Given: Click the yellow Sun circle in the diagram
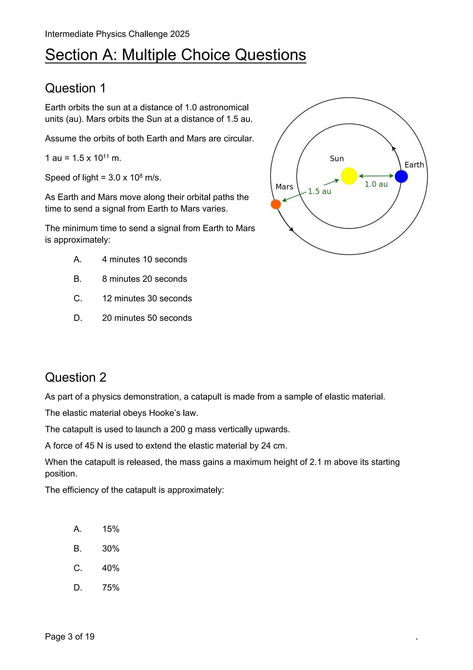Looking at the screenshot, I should click(349, 176).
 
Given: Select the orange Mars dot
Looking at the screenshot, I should click(276, 204).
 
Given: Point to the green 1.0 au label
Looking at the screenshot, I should click(376, 184).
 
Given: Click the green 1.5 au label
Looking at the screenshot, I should click(319, 191).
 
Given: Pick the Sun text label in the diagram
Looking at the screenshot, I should click(337, 159).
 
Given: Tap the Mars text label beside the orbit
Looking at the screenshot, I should click(284, 187).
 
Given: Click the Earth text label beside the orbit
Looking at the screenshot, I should click(414, 165).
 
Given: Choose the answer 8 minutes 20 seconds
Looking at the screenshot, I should click(144, 279).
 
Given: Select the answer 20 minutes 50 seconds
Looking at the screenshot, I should click(147, 318).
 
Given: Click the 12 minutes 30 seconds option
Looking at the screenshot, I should click(147, 299).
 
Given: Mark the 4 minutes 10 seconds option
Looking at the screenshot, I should click(144, 259).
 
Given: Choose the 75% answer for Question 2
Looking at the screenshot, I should click(111, 588).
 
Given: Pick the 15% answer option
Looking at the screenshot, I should click(111, 529).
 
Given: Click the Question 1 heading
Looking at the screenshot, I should click(75, 88).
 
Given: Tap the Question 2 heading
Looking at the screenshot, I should click(76, 377).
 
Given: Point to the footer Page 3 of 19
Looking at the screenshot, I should click(70, 636).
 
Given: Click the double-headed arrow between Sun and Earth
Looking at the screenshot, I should click(376, 176).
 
